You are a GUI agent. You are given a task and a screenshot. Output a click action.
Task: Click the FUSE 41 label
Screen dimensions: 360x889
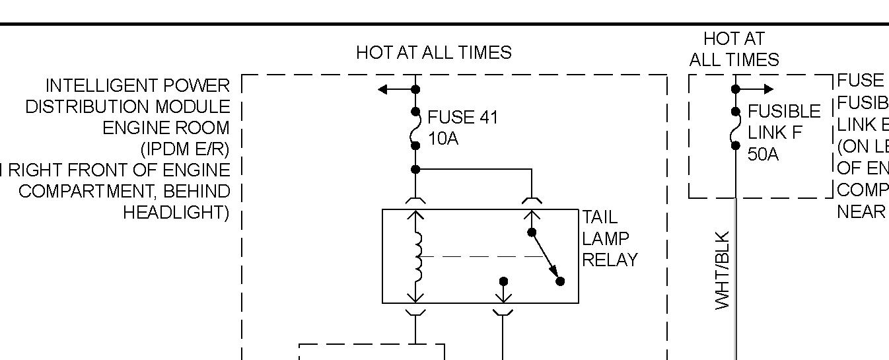[462, 118]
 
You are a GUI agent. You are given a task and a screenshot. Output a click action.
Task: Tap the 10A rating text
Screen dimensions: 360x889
[443, 139]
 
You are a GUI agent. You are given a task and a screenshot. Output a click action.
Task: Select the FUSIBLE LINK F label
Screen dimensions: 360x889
[783, 122]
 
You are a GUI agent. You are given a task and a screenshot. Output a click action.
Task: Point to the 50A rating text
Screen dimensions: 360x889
[763, 155]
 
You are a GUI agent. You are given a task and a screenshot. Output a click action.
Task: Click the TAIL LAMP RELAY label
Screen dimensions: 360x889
[609, 238]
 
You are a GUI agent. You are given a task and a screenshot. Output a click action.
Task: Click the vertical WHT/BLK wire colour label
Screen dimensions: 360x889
[723, 270]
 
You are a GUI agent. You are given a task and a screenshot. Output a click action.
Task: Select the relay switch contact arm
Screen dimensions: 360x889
[546, 256]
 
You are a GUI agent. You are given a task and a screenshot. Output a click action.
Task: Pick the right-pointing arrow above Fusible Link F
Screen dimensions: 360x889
[763, 89]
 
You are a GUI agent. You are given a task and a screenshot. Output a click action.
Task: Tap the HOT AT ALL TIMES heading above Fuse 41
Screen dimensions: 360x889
[433, 53]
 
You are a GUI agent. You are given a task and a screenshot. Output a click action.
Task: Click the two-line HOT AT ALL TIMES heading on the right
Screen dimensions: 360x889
[734, 50]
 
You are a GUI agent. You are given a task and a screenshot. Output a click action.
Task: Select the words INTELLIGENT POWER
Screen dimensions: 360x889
[137, 86]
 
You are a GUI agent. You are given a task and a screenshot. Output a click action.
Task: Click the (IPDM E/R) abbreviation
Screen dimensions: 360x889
[184, 149]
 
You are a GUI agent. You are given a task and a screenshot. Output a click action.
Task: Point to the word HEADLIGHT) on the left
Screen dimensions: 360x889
[176, 213]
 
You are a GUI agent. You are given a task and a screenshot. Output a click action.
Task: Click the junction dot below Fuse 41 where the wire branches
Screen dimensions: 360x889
[415, 169]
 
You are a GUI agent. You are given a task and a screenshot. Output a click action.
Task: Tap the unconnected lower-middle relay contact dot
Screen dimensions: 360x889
[503, 281]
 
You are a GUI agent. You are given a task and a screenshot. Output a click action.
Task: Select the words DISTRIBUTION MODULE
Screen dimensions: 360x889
[127, 107]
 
